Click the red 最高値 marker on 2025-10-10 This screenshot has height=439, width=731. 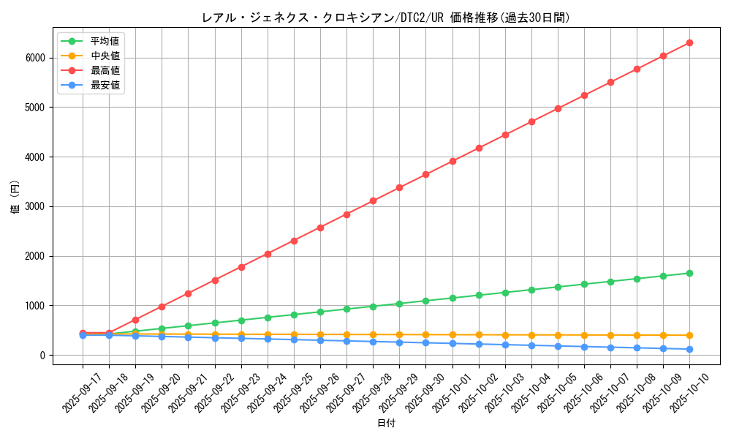pyautogui.click(x=689, y=42)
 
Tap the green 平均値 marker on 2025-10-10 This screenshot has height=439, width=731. pyautogui.click(x=689, y=273)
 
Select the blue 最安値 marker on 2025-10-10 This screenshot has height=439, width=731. pyautogui.click(x=689, y=349)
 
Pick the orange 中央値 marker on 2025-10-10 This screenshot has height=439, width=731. pyautogui.click(x=689, y=335)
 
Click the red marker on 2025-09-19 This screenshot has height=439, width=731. pyautogui.click(x=135, y=320)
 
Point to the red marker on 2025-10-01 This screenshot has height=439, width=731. pyautogui.click(x=452, y=161)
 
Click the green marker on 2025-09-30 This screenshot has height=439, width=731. pyautogui.click(x=425, y=301)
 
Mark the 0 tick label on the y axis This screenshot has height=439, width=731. pyautogui.click(x=42, y=355)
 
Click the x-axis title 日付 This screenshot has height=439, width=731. pyautogui.click(x=386, y=424)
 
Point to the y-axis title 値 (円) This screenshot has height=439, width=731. pyautogui.click(x=15, y=198)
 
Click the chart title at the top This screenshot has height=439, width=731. pyautogui.click(x=386, y=18)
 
